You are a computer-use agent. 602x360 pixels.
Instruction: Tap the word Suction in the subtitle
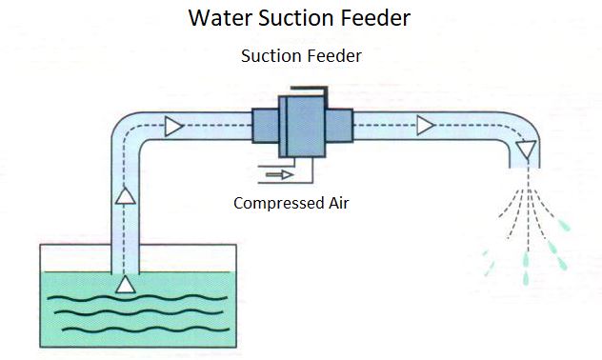pyautogui.click(x=270, y=56)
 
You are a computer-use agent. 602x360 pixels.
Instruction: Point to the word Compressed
pyautogui.click(x=277, y=203)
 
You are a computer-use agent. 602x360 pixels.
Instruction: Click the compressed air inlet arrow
pyautogui.click(x=280, y=174)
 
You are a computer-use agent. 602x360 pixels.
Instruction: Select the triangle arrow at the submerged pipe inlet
pyautogui.click(x=125, y=284)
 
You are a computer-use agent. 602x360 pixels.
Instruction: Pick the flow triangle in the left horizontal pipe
pyautogui.click(x=173, y=125)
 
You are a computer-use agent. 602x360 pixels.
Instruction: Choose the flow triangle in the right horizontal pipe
pyautogui.click(x=425, y=125)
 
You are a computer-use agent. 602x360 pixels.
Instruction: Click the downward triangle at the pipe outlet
pyautogui.click(x=526, y=149)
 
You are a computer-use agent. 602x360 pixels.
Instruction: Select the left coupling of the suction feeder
pyautogui.click(x=264, y=126)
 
